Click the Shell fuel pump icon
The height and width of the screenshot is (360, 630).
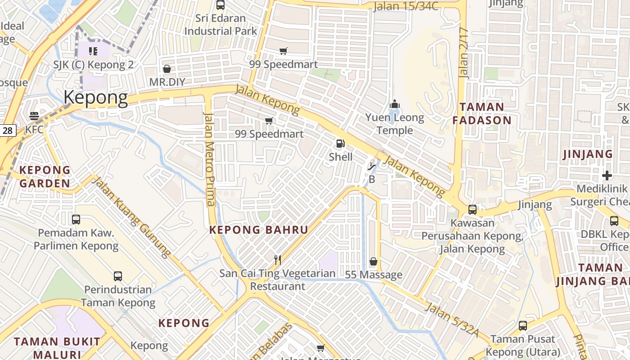pos(341,144)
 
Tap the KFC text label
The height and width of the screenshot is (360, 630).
pos(34,130)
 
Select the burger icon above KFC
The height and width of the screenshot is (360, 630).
pos(34,116)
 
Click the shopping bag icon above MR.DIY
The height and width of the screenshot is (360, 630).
pos(167,69)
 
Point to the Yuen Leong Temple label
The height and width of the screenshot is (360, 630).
pos(395,124)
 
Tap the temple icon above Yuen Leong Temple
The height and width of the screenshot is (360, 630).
pos(395,104)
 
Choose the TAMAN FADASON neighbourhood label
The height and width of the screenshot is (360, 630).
pos(482,113)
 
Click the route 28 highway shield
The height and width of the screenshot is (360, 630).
pos(8,131)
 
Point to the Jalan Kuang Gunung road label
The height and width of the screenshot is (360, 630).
pos(132,217)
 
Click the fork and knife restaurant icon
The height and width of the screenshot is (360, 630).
pos(278,260)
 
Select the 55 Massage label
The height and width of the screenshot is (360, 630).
pos(373,274)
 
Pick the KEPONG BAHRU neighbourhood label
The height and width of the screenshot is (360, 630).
pos(259,230)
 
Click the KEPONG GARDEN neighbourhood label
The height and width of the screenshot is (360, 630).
pos(45,176)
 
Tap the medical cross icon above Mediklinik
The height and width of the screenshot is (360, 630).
pos(607,175)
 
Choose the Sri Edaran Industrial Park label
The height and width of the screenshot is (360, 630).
pos(220,25)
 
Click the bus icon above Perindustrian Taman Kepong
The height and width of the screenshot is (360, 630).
pos(118,276)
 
